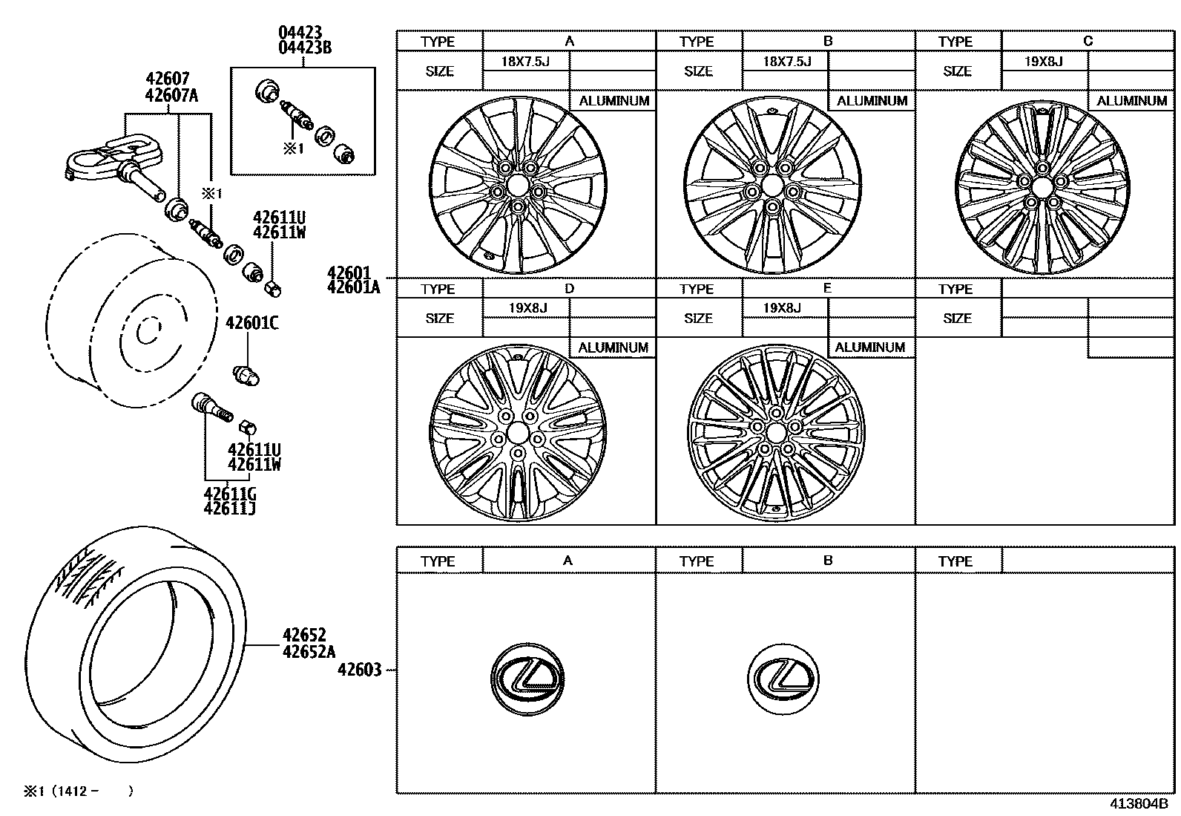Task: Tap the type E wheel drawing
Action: [777, 431]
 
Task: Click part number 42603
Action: [359, 670]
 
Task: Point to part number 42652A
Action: [309, 652]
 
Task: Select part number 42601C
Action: [252, 323]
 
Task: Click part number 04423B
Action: [304, 48]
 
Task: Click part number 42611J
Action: [230, 509]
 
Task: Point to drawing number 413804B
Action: [1139, 804]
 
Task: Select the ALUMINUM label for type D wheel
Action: [613, 347]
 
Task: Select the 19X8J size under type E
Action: [782, 308]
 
